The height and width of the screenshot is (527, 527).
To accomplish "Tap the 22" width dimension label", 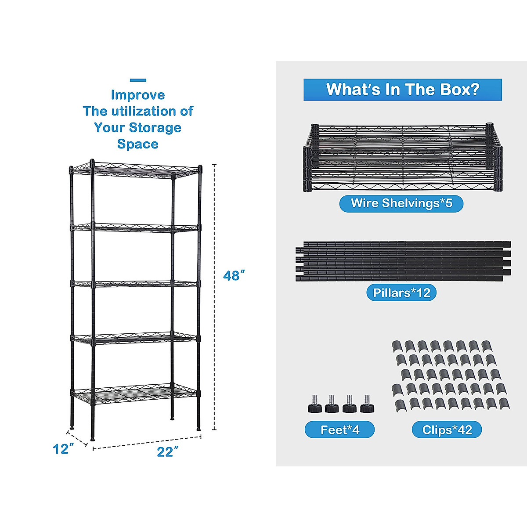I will click(167, 452).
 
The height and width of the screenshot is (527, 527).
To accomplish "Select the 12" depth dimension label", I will click(63, 449).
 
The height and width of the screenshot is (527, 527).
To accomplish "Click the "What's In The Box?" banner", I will click(402, 90).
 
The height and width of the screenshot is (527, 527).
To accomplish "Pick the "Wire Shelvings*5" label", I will click(401, 203).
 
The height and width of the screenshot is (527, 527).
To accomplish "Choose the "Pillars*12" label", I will click(401, 293).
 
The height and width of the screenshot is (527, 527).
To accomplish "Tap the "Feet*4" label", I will click(339, 430).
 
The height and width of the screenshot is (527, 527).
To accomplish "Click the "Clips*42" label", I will click(447, 430).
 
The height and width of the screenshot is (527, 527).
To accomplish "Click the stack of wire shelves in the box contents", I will click(402, 158).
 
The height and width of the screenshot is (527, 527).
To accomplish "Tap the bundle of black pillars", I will click(403, 261).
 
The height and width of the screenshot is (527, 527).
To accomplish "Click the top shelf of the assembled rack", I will click(136, 170).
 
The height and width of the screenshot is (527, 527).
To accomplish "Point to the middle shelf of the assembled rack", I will click(134, 284).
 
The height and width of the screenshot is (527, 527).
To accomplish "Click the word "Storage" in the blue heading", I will click(156, 128).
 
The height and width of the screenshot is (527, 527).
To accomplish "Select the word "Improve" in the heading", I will click(138, 95).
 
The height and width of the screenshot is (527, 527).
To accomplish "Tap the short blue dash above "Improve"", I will click(138, 80).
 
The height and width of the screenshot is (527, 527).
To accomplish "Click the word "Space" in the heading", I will click(138, 144).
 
